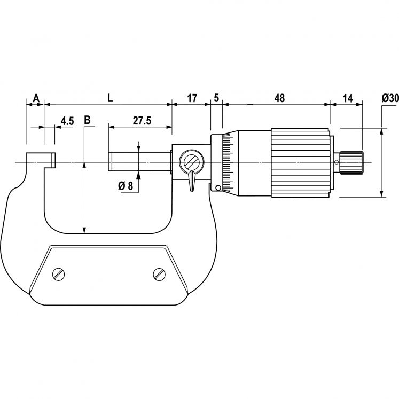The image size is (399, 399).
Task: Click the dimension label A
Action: coord(36,98)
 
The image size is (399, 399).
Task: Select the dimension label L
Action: coord(111,98)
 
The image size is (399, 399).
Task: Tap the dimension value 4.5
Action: coord(67,121)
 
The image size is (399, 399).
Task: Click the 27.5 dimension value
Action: coord(142,121)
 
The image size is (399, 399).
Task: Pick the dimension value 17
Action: coord(192,98)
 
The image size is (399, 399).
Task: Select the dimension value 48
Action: coord(279,98)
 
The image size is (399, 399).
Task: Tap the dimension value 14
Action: coord(348,98)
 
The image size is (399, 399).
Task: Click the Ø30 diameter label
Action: coord(390,98)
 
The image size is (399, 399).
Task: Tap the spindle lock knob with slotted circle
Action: coord(191,161)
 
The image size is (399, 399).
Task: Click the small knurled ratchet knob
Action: coord(351,162)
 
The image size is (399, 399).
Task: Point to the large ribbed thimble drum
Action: coord(300,162)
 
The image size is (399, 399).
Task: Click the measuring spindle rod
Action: coord(139,161)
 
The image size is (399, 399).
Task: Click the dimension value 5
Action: coord(216,98)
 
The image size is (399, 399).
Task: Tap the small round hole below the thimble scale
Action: coord(218,187)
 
